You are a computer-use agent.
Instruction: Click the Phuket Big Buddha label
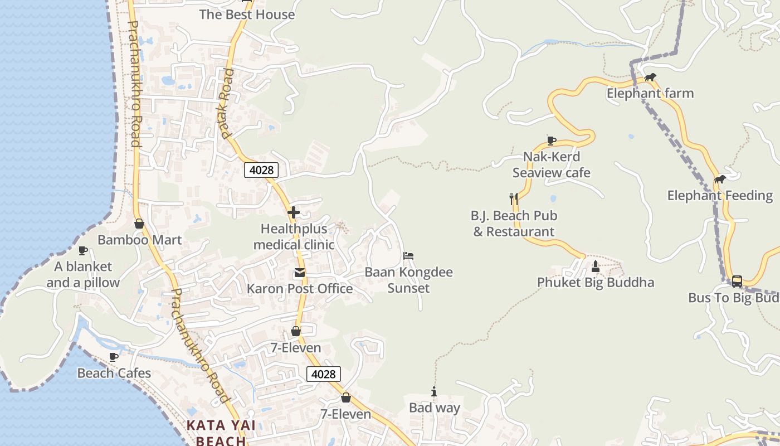pyautogui.click(x=595, y=282)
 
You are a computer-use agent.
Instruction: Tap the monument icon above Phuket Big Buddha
pyautogui.click(x=595, y=266)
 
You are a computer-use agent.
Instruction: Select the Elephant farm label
pyautogui.click(x=650, y=93)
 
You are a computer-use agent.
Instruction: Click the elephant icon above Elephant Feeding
pyautogui.click(x=720, y=180)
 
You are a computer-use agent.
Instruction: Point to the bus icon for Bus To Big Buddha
pyautogui.click(x=737, y=281)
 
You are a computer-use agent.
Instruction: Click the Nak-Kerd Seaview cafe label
pyautogui.click(x=551, y=164)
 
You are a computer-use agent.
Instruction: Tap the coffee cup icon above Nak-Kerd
pyautogui.click(x=551, y=140)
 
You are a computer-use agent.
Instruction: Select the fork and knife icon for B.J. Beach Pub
pyautogui.click(x=514, y=198)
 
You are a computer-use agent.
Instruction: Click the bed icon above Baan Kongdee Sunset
pyautogui.click(x=408, y=256)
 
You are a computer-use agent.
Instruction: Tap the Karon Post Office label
pyautogui.click(x=300, y=288)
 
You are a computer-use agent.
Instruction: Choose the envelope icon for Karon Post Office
pyautogui.click(x=300, y=273)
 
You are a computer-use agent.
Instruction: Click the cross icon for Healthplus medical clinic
pyautogui.click(x=294, y=212)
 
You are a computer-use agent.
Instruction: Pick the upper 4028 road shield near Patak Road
pyautogui.click(x=261, y=170)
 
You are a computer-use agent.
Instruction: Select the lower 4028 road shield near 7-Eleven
pyautogui.click(x=323, y=374)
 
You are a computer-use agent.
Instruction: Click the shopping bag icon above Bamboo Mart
pyautogui.click(x=139, y=224)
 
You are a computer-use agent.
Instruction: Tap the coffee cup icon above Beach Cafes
pyautogui.click(x=114, y=357)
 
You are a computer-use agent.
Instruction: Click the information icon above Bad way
pyautogui.click(x=434, y=392)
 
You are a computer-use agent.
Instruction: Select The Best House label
pyautogui.click(x=247, y=14)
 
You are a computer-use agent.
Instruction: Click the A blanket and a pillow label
pyautogui.click(x=83, y=274)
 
